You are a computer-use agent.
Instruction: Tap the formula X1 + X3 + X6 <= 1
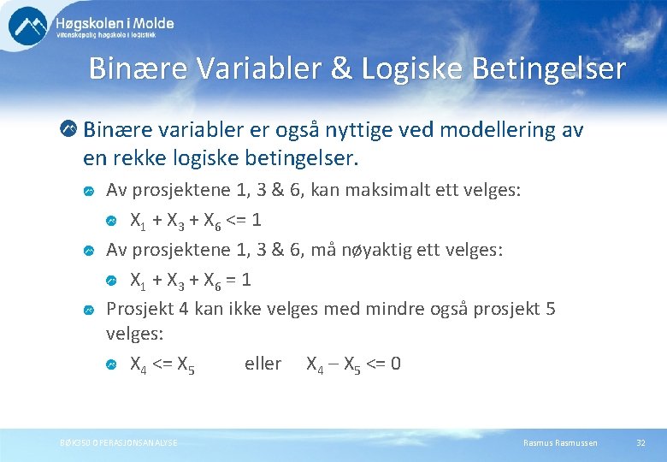[x=196, y=221]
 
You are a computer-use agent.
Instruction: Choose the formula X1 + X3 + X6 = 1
[x=191, y=281]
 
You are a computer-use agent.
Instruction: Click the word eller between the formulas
[x=263, y=364]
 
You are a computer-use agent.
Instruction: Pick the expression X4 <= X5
[x=162, y=364]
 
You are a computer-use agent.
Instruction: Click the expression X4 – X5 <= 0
[x=353, y=364]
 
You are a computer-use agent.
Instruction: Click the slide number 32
[x=640, y=442]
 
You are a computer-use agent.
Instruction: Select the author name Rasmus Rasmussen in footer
[x=560, y=442]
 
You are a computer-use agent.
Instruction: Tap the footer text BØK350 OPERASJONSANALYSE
[x=120, y=442]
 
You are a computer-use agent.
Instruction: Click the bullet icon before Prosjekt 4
[x=89, y=310]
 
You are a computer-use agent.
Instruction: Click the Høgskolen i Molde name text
[x=115, y=23]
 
